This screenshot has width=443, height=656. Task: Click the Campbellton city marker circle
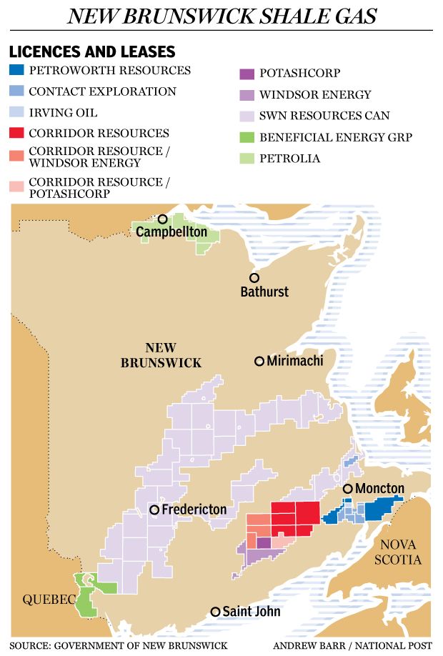pos(163,219)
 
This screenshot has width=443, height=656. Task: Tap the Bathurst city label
pos(264,292)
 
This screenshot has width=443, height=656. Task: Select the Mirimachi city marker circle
pos(259,361)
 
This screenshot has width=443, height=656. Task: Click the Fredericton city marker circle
pos(154,510)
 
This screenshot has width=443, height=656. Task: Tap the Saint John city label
pos(251,612)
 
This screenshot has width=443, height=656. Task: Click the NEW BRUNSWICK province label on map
pos(161,355)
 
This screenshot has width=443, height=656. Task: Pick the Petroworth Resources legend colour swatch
pos(16,71)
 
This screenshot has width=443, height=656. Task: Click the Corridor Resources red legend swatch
pos(16,133)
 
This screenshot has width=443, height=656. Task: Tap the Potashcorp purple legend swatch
pos(246,73)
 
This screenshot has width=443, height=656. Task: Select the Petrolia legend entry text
pos(289,158)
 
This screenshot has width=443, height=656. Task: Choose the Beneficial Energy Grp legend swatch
pos(246,137)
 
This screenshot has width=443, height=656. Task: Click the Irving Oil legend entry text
pos(63,112)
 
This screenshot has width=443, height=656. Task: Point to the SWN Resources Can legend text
pos(324,115)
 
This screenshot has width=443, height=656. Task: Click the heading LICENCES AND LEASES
pos(91,51)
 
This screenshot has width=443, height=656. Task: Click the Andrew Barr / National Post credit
pos(352,646)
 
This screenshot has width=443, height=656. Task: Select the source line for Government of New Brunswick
pos(119,646)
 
